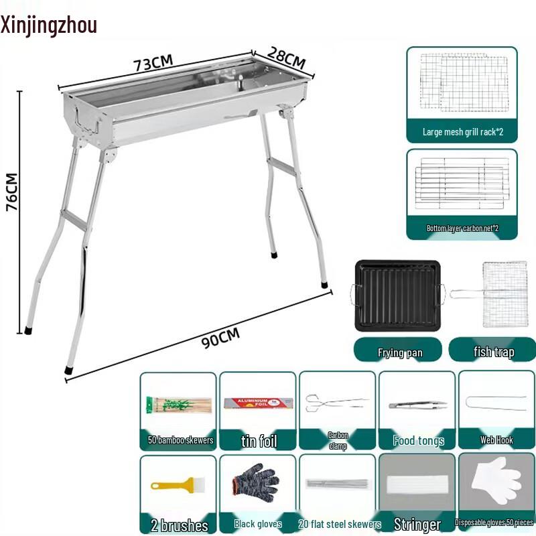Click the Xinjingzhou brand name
(x=49, y=25)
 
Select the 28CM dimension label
(x=286, y=58)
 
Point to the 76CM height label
(x=12, y=192)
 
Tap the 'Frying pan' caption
(x=399, y=352)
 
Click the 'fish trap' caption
(x=494, y=352)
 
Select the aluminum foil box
(x=258, y=404)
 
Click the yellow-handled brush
(x=178, y=483)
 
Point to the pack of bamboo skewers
(x=179, y=405)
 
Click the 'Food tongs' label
(x=419, y=441)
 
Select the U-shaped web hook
(x=496, y=403)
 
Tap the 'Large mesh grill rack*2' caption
(x=462, y=133)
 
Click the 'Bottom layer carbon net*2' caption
(x=462, y=228)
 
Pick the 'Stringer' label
(x=417, y=524)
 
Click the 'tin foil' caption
(x=259, y=441)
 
